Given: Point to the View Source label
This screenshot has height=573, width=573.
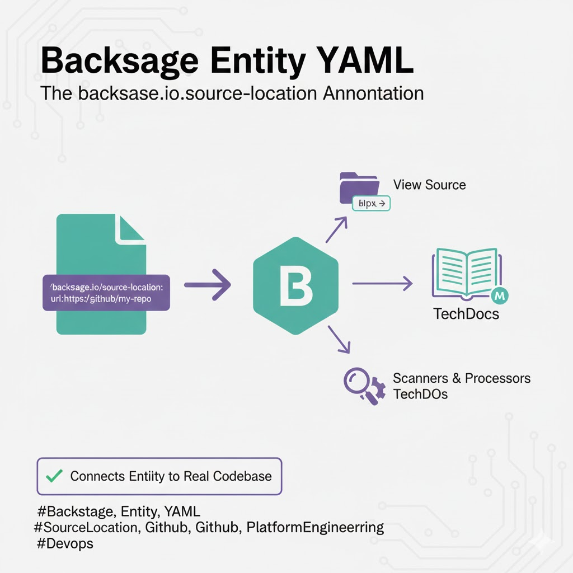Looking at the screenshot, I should point(429,185).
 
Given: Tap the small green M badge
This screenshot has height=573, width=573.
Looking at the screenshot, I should point(497,295).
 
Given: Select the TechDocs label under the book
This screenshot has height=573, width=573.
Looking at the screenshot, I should point(466,314).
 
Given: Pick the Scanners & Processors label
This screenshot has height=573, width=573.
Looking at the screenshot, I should point(462,378).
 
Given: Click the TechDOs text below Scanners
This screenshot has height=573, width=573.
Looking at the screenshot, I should point(420,394).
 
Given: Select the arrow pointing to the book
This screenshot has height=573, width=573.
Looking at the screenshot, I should point(382,284).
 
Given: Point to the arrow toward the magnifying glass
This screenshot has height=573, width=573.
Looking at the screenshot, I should point(339,340).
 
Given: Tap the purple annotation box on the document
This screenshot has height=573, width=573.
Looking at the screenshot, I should point(106,293).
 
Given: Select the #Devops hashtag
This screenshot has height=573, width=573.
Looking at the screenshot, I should point(65,543).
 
